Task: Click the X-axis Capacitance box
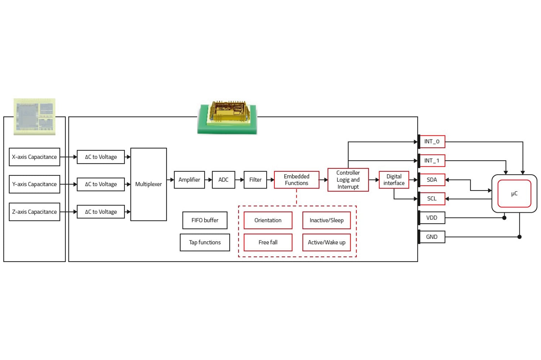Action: [x=34, y=157]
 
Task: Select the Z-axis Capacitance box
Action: [x=34, y=212]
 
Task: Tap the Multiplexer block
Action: [x=148, y=184]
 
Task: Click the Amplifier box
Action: [x=189, y=180]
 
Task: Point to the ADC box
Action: [x=223, y=180]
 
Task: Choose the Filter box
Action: [x=255, y=180]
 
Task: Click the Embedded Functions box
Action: [x=296, y=180]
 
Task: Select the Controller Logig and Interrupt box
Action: [x=348, y=180]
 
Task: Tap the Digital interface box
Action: [x=394, y=180]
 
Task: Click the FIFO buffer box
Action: [x=205, y=220]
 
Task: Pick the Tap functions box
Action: [x=205, y=242]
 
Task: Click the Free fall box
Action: [x=268, y=242]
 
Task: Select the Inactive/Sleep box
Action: [x=326, y=220]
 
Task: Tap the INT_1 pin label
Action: [x=432, y=161]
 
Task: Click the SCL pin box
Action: [x=432, y=199]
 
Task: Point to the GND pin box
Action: [x=432, y=237]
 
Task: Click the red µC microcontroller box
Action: [x=514, y=194]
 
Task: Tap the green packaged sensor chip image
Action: [x=227, y=117]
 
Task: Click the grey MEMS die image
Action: [x=35, y=116]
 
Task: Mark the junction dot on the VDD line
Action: [x=504, y=218]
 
